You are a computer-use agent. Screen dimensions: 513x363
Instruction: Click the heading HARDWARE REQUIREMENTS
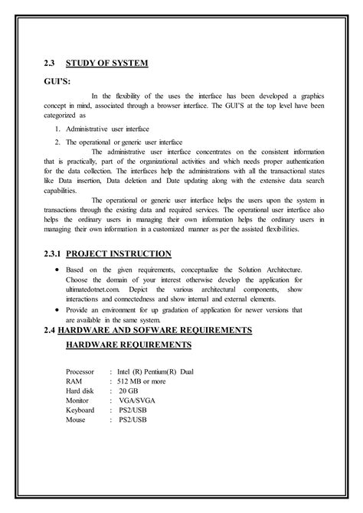[129, 346]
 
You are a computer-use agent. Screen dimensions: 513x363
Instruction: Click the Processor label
[81, 371]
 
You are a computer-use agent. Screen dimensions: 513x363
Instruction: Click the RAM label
[74, 381]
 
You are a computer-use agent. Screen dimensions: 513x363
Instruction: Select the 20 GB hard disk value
[129, 390]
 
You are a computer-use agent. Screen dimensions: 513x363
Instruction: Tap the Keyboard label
[80, 410]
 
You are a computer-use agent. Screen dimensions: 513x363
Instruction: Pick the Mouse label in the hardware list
[77, 420]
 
